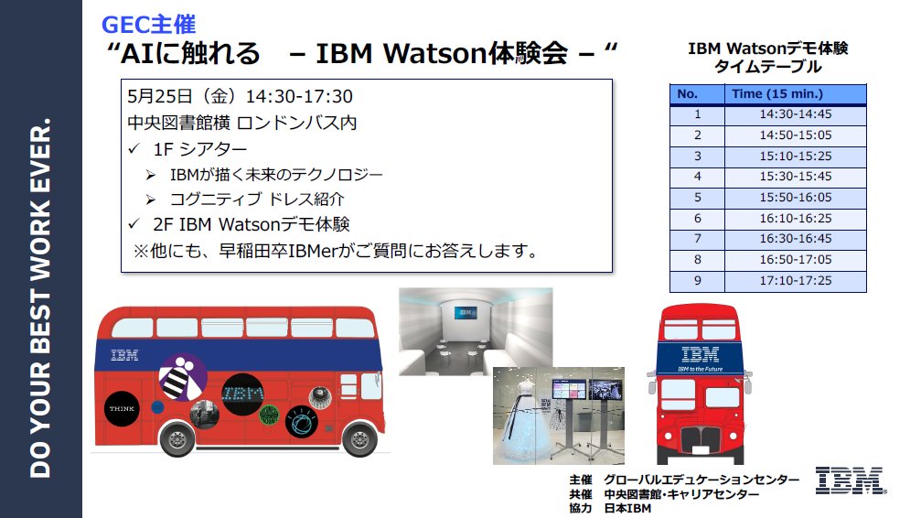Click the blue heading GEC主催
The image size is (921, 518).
pos(148,25)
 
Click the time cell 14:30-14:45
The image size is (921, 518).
pos(796,114)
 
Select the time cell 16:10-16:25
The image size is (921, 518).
pos(796,218)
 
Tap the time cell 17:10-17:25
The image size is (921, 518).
pos(796,280)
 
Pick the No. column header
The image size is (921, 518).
pos(687,94)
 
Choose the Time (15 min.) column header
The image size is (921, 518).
pos(777,94)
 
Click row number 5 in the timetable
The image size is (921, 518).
pos(697,198)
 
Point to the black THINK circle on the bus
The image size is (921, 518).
pos(122,408)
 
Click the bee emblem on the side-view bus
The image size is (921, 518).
pos(183,377)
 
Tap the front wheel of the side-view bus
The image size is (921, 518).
pos(359,437)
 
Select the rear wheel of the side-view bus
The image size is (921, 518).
pos(177,438)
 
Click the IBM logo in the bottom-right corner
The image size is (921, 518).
pos(851,480)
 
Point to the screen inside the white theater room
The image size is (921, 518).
pos(466,313)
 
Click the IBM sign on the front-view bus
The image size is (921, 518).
pos(701,354)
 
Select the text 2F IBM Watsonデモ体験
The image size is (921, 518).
pos(251,224)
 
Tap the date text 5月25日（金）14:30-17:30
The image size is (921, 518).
pos(240,96)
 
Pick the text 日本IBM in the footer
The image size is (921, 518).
pos(627,509)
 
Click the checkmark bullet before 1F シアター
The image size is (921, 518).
pos(134,149)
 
